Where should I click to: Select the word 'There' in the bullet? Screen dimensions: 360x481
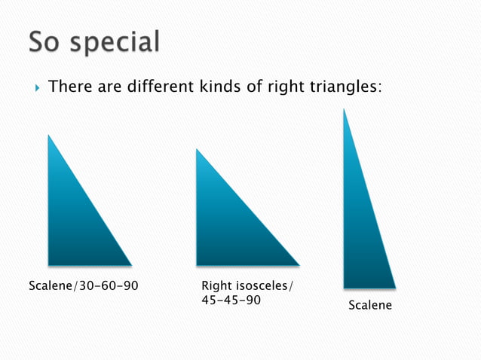[69, 87]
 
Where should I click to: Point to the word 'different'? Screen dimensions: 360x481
[169, 87]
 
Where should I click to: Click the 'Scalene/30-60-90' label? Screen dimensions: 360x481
[83, 286]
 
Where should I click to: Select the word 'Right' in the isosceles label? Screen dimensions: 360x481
[218, 286]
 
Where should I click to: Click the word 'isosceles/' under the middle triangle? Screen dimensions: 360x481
[266, 286]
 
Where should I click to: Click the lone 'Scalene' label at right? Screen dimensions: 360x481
[369, 306]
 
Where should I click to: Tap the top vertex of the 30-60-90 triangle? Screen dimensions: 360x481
[49, 136]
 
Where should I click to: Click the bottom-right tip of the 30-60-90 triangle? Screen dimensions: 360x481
[131, 264]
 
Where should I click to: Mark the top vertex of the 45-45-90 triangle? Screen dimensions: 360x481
[197, 149]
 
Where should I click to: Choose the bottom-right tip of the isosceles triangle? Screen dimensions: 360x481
[299, 264]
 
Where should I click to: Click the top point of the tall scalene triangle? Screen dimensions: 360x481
[344, 109]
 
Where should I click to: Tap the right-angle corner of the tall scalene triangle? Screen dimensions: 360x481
[345, 287]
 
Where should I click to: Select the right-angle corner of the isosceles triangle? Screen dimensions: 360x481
[198, 264]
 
